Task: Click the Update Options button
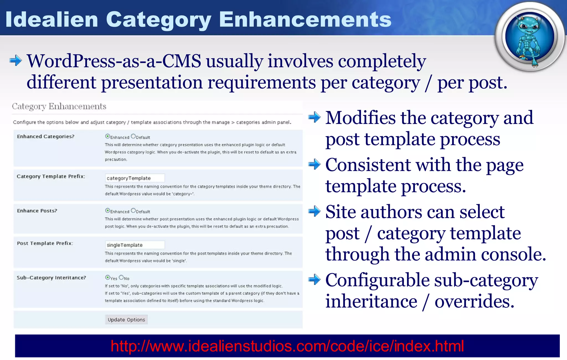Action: tap(126, 320)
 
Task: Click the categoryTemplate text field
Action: tap(135, 178)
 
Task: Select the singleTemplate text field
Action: tap(135, 245)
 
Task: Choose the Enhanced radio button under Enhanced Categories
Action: tap(108, 136)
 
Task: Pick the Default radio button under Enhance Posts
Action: tap(133, 211)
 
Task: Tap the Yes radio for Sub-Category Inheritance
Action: tap(108, 277)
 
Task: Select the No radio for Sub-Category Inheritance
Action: tap(121, 277)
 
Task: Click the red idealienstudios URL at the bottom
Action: tap(287, 346)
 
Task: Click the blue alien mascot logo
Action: tap(529, 37)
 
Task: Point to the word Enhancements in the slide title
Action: tap(305, 19)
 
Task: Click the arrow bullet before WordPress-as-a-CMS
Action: tap(16, 61)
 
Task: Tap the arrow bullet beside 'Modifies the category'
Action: tap(315, 118)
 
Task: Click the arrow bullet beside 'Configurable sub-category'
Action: tap(315, 279)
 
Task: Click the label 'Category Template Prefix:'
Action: tap(51, 177)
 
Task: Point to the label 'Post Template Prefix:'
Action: tap(45, 243)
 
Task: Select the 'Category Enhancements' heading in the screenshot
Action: tap(59, 106)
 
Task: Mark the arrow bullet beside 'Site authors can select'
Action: tap(315, 212)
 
